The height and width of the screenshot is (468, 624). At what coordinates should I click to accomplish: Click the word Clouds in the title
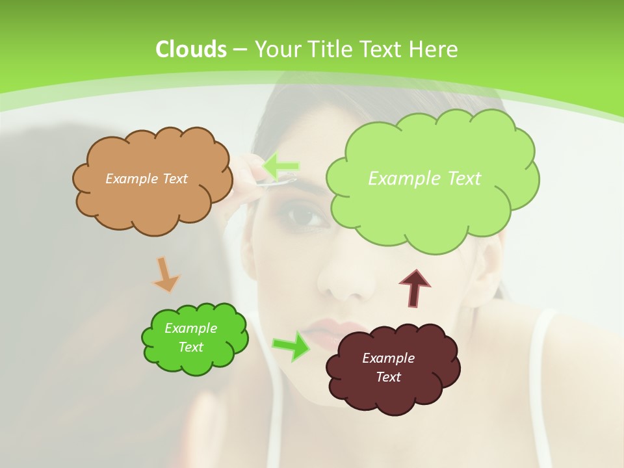tap(191, 49)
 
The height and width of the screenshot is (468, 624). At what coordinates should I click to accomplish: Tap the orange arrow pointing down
tap(166, 274)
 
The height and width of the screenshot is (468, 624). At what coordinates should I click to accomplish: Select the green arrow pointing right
tap(291, 345)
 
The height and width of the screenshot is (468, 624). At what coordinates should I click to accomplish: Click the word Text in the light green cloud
tap(461, 179)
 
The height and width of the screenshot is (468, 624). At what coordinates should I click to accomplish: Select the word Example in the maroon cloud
tap(388, 358)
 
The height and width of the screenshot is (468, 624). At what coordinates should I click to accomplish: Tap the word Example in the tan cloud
tap(127, 179)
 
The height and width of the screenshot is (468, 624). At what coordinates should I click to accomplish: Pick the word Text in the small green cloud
tap(190, 347)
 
